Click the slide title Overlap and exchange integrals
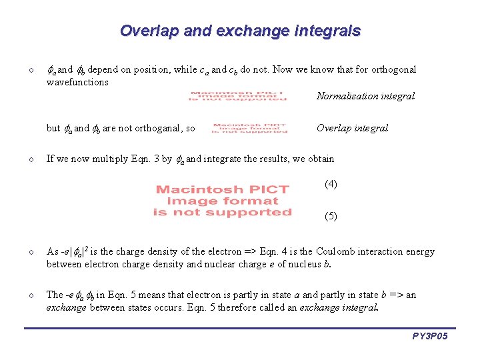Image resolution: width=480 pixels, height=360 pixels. pos(240,31)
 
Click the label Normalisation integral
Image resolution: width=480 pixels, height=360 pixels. pos(365,96)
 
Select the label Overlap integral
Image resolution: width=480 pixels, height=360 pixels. pos(352,128)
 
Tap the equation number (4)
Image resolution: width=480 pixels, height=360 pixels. pos(331,184)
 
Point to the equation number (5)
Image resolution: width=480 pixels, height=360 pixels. pos(331,216)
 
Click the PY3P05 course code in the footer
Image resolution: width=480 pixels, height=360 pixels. pos(429,337)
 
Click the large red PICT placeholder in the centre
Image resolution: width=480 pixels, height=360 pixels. pos(222,201)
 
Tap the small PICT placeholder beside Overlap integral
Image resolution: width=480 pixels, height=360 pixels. pos(249,128)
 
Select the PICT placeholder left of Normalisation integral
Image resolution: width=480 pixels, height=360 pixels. pos(238,96)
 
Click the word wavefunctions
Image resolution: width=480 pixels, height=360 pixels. pos(77,82)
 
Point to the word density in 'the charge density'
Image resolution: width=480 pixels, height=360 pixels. pos(167,251)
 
